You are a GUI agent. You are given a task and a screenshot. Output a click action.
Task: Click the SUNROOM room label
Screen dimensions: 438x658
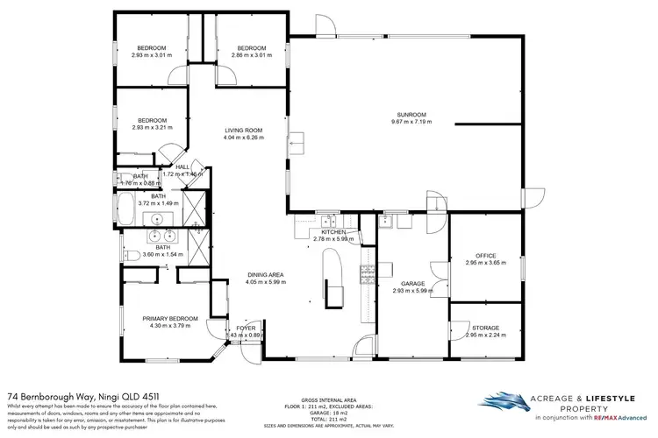click(411, 115)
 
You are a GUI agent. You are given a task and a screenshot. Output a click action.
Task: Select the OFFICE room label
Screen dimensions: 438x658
click(485, 256)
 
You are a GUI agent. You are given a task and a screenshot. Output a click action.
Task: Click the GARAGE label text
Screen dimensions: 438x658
click(413, 284)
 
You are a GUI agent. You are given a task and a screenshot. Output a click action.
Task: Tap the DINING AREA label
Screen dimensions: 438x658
click(263, 274)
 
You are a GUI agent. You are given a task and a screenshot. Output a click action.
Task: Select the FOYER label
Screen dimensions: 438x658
click(245, 328)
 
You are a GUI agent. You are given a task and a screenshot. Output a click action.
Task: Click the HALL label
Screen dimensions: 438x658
click(182, 166)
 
